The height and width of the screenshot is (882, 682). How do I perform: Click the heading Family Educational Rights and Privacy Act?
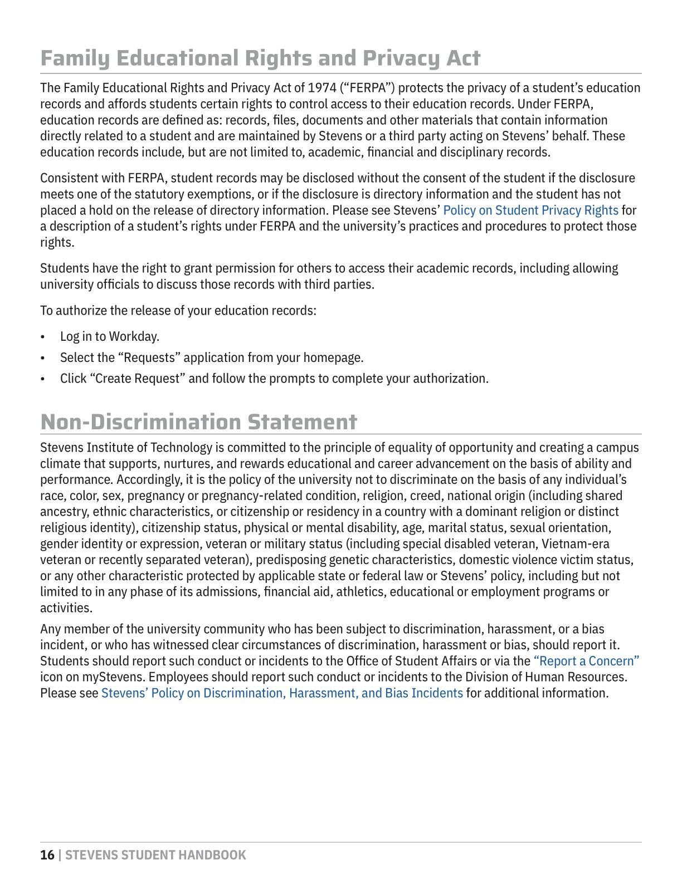pyautogui.click(x=260, y=58)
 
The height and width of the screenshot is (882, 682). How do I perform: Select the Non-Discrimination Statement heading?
pyautogui.click(x=198, y=422)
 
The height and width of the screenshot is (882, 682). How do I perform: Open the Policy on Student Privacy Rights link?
pyautogui.click(x=530, y=210)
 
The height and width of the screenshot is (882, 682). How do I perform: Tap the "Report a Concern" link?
pyautogui.click(x=586, y=661)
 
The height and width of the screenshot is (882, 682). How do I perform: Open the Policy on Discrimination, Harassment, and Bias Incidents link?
pyautogui.click(x=282, y=693)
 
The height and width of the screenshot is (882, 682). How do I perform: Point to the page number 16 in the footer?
pyautogui.click(x=47, y=855)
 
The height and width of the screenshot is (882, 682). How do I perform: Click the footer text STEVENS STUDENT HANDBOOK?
pyautogui.click(x=155, y=855)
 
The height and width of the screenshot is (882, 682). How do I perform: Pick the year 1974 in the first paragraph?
pyautogui.click(x=322, y=88)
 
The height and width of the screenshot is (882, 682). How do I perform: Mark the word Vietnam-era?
pyautogui.click(x=576, y=544)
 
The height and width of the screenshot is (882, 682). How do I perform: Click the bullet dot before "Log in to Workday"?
pyautogui.click(x=43, y=337)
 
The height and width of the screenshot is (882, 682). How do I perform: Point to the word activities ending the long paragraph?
pyautogui.click(x=65, y=608)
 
